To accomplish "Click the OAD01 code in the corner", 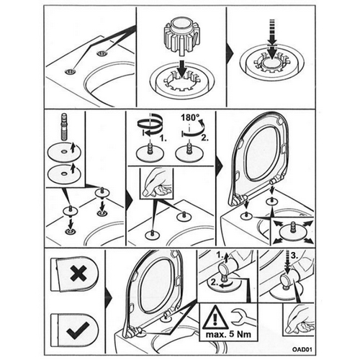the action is (x=302, y=349).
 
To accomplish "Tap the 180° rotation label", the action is (x=190, y=117).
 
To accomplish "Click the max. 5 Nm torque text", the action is (x=228, y=334).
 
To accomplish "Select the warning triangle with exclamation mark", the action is (x=215, y=318).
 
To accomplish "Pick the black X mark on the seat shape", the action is (x=78, y=273).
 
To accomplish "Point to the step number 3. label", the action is (x=294, y=256).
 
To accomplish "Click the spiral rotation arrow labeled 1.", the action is (x=149, y=126).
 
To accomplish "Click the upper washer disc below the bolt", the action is (x=64, y=152).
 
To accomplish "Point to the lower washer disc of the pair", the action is (x=64, y=174).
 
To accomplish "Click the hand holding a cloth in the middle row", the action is (x=156, y=183).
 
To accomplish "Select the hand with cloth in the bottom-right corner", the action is (x=300, y=321).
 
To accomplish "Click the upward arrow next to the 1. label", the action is (x=227, y=257).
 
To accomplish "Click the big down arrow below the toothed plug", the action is (x=183, y=69).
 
